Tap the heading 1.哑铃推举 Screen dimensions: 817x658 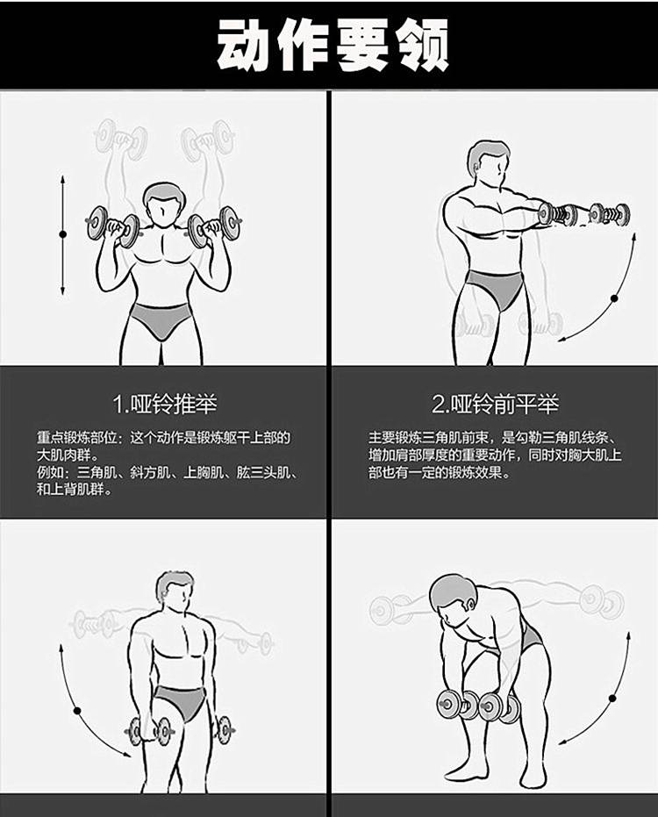pyautogui.click(x=165, y=404)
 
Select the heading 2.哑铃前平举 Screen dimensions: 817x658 pyautogui.click(x=495, y=404)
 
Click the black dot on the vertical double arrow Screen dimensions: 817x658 pyautogui.click(x=62, y=234)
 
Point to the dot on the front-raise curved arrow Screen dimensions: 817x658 pyautogui.click(x=613, y=299)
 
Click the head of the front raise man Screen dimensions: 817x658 pyautogui.click(x=486, y=163)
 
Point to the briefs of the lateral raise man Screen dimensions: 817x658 pyautogui.click(x=179, y=702)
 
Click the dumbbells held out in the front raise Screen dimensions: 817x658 pyautogui.click(x=583, y=213)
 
